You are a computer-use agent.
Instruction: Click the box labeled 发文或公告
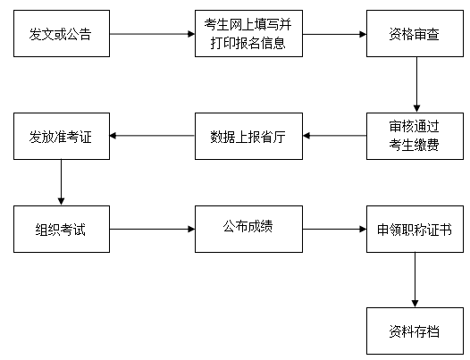(61, 35)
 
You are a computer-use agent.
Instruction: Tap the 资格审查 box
(415, 35)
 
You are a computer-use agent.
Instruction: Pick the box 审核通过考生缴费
(415, 136)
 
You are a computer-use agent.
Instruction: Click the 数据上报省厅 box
(248, 136)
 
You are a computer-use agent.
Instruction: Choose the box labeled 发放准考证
(61, 136)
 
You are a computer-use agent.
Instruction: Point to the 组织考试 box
(61, 230)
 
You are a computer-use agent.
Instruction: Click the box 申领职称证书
(415, 230)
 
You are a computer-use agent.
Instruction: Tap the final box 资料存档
(415, 331)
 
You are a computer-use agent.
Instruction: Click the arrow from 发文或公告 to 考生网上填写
(151, 35)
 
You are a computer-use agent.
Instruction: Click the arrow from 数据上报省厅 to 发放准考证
(151, 136)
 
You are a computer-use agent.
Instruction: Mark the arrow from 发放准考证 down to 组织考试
(61, 182)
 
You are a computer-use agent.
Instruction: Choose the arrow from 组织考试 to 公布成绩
(151, 230)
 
